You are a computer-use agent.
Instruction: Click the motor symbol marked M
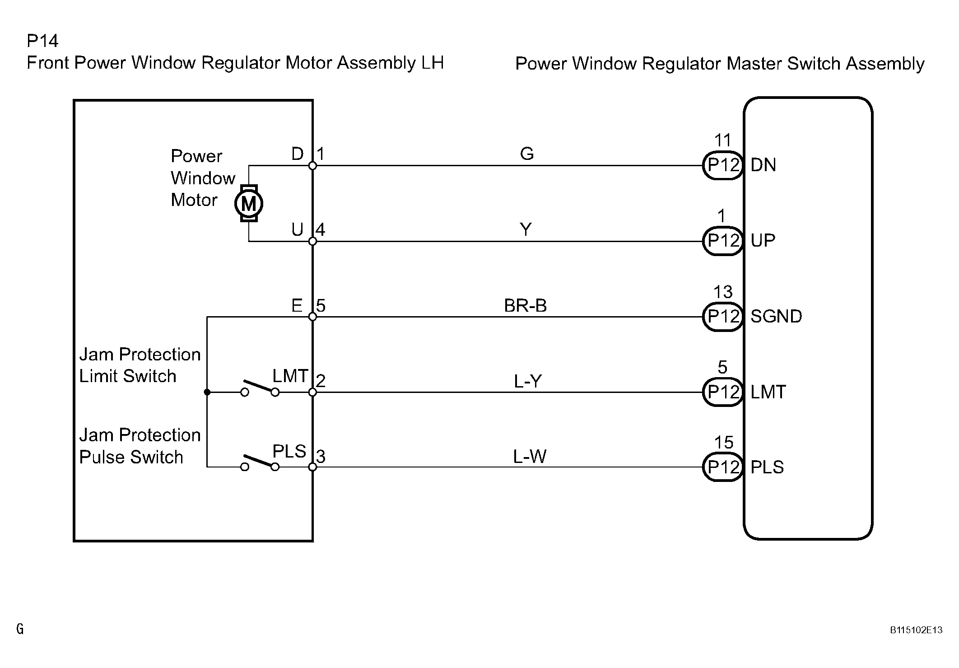point(249,204)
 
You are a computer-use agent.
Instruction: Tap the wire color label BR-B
point(525,306)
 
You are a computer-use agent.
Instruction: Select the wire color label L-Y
point(527,382)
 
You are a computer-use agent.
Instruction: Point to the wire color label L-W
point(530,457)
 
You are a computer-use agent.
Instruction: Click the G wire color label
point(527,154)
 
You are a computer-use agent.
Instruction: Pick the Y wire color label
point(526,230)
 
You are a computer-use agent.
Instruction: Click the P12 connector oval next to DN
point(723,165)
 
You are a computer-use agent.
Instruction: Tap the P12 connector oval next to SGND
point(723,317)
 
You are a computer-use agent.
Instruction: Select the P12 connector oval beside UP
point(723,241)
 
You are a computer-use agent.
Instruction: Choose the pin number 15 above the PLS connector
point(723,443)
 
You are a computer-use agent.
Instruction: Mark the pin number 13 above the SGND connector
point(723,292)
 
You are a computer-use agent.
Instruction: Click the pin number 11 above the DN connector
point(722,140)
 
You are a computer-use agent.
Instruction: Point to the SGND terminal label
point(776,317)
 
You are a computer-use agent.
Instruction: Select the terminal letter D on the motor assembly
point(298,154)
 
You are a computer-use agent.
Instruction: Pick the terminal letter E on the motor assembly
point(297,306)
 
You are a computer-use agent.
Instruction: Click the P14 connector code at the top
point(42,41)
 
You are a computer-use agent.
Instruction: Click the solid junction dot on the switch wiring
point(207,392)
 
